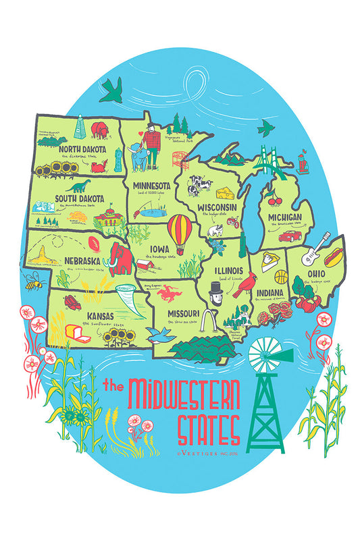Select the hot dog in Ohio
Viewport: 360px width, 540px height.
point(332,256)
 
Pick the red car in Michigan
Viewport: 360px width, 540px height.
point(290,236)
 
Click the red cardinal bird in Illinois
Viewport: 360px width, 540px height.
point(243,287)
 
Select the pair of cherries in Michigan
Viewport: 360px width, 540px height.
point(273,200)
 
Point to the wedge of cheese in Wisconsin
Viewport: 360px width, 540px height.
point(223,184)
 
